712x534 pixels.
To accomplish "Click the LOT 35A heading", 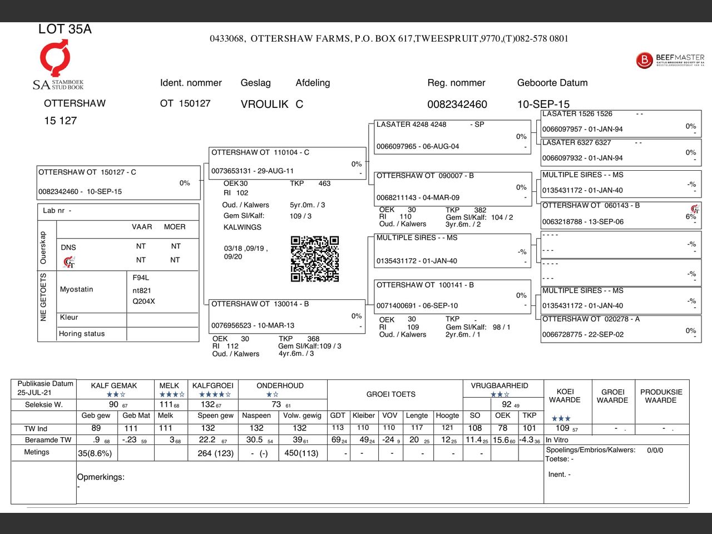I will click(x=65, y=29).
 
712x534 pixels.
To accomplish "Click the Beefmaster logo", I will click(x=670, y=60).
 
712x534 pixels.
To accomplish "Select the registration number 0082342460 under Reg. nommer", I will click(x=457, y=105).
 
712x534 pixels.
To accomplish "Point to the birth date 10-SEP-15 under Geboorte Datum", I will click(x=543, y=105).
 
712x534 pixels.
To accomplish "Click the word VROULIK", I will click(x=264, y=104).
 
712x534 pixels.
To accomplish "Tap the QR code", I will click(x=314, y=259).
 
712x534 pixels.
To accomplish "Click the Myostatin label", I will click(x=76, y=289).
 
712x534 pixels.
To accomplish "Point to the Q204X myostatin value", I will click(x=144, y=301).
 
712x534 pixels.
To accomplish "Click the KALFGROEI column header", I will click(x=212, y=385).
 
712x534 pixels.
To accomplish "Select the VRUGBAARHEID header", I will click(x=499, y=385).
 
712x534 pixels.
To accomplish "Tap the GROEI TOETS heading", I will click(x=390, y=394).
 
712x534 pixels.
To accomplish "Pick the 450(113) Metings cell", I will click(x=301, y=453).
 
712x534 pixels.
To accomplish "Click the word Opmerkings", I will click(x=101, y=477).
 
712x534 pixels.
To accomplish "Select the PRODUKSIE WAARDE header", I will click(x=661, y=396).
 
